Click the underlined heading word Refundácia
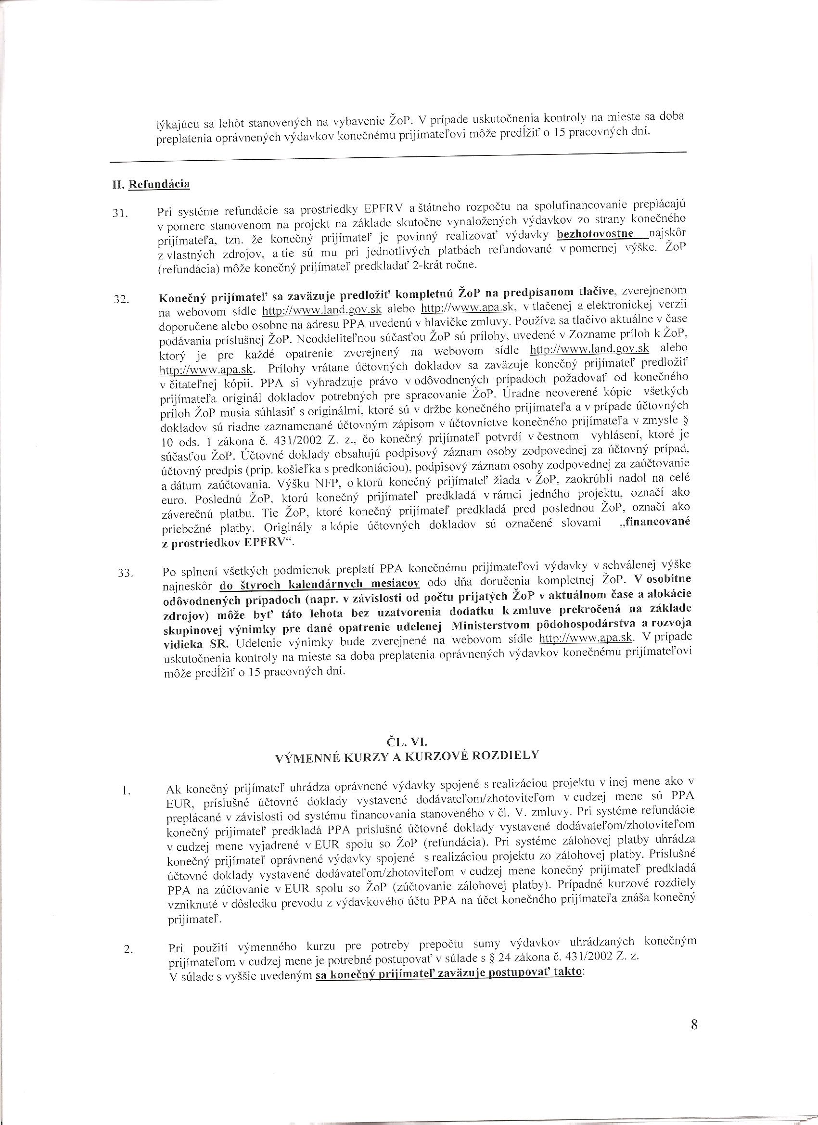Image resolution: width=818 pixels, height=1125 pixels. pos(159,184)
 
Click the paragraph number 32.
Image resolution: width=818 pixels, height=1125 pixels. pos(121,299)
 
